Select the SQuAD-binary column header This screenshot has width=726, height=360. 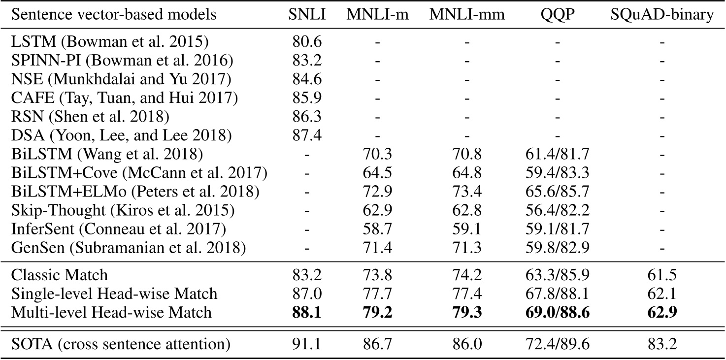click(662, 15)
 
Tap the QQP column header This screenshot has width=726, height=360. click(557, 15)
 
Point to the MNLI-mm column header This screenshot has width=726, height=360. click(467, 15)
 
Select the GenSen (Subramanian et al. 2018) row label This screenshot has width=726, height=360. click(128, 247)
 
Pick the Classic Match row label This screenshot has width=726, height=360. click(59, 275)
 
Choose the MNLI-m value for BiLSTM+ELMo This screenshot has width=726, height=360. click(378, 192)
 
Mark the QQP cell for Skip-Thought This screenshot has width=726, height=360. click(557, 210)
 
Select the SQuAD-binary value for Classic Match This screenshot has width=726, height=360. click(662, 275)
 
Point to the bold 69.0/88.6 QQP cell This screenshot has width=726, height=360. click(557, 313)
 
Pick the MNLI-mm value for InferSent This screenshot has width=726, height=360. click(467, 229)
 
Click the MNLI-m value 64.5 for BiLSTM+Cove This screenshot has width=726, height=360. click(378, 173)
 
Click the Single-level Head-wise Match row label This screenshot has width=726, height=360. click(114, 294)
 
